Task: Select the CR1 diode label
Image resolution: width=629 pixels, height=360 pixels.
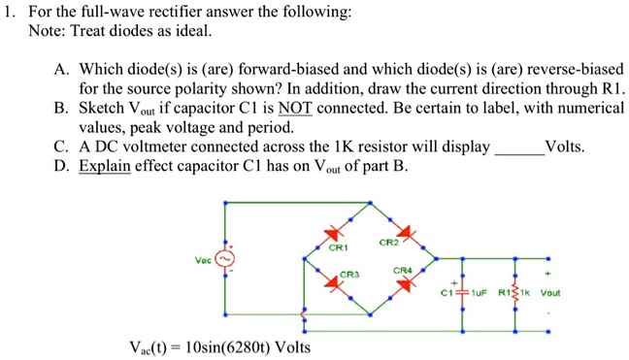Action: (x=339, y=249)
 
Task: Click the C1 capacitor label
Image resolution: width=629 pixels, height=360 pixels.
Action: (x=447, y=292)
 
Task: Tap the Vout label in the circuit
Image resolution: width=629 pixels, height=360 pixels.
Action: (x=549, y=292)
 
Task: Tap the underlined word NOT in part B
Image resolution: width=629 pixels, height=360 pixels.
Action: (x=293, y=109)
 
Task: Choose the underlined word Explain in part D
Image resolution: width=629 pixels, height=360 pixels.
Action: (x=104, y=166)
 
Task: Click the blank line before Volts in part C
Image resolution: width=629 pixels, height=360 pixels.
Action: (x=519, y=147)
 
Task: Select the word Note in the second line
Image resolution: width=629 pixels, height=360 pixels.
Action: (x=45, y=32)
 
